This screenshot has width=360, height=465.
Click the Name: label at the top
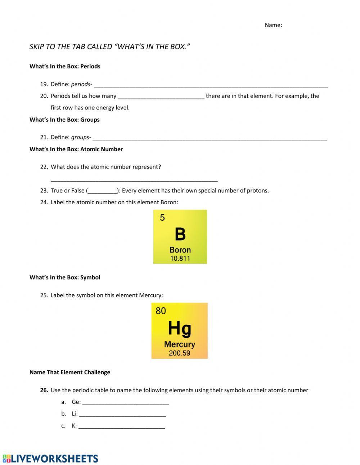point(273,25)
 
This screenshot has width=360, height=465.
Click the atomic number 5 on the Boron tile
point(162,218)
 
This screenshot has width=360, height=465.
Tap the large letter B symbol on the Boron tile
point(180,234)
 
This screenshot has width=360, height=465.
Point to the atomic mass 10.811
point(180,258)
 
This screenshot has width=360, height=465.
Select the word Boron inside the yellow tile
point(180,250)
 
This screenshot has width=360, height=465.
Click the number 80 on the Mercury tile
point(161,310)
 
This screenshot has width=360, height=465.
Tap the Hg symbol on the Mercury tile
point(179,328)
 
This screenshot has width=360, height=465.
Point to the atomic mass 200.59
point(179,353)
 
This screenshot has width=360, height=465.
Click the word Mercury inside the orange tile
point(179,344)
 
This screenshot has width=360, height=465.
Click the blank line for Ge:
point(126,402)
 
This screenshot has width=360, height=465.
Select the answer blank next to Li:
point(122,414)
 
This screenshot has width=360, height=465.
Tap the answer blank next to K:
point(122,426)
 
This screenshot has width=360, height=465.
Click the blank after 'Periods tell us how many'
point(161,96)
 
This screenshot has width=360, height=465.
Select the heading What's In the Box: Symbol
point(65,277)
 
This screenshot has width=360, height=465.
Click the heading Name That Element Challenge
point(70,372)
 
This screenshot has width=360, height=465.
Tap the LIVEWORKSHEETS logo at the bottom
point(50,458)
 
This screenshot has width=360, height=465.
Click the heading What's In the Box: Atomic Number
point(76,149)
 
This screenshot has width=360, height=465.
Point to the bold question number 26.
point(44,390)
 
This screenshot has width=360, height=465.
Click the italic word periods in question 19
point(80,84)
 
